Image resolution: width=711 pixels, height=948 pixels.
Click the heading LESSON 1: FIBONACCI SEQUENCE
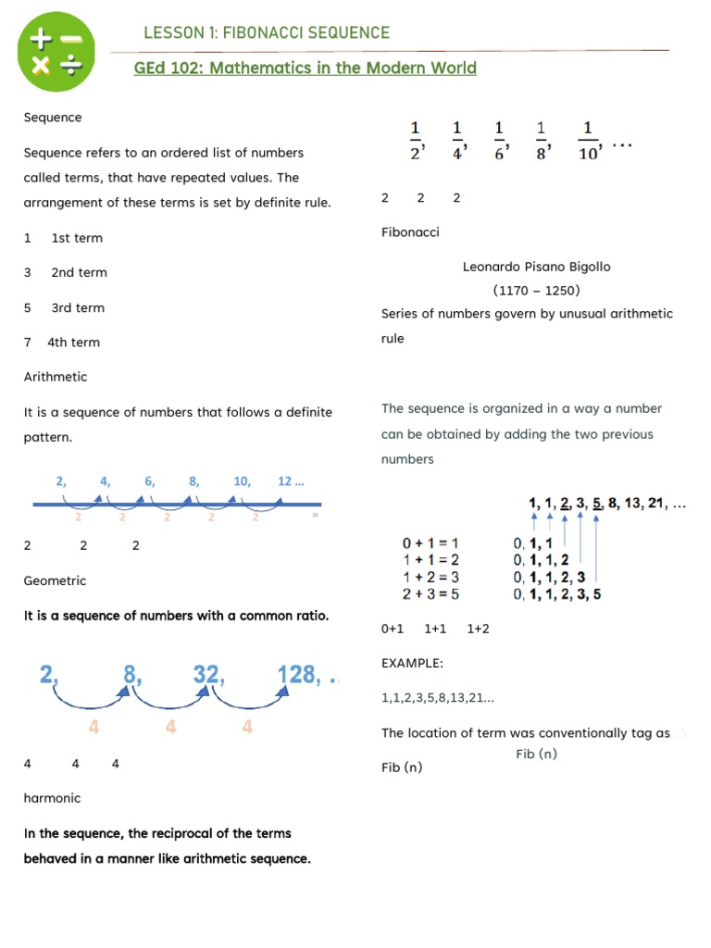point(267,33)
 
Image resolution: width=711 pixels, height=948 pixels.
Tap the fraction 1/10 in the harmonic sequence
point(589,142)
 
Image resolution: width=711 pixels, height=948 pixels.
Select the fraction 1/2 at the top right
point(416,142)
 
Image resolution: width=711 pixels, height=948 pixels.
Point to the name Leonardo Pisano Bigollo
point(537,267)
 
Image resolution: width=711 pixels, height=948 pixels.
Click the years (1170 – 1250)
point(537,291)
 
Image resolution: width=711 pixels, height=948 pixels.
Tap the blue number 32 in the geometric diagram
point(208,675)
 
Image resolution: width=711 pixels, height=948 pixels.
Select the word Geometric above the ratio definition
point(55,580)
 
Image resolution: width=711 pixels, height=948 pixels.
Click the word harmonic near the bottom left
point(52,798)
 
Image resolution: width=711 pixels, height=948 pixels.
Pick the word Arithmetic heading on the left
point(56,377)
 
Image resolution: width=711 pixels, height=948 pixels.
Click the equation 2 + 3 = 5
point(430,594)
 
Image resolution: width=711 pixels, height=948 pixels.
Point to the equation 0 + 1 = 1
point(430,543)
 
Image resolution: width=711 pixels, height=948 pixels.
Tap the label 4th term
point(73,343)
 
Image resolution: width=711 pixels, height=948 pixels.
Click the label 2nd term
point(79,272)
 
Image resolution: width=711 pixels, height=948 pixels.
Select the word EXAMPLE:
point(412,663)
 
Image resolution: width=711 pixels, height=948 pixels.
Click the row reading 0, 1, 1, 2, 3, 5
point(556,594)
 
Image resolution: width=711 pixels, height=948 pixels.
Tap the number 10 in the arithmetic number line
point(242,481)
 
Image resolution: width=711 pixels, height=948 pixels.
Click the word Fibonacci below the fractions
point(410,231)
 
